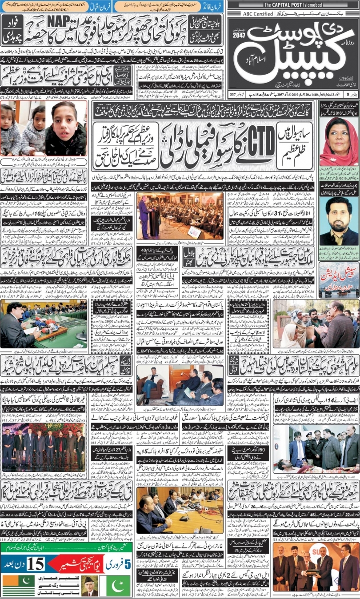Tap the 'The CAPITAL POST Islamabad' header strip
tap(293, 5)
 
